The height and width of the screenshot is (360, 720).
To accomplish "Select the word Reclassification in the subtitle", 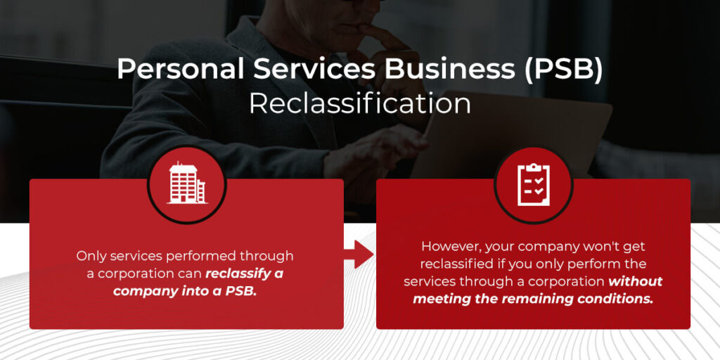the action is [x=360, y=104].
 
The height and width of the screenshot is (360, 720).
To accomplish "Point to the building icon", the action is [x=187, y=184].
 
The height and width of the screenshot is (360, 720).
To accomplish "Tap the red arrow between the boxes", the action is [x=359, y=254].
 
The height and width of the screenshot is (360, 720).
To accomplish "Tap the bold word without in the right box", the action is [x=635, y=281].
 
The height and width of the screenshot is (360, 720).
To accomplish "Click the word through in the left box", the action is [x=266, y=256].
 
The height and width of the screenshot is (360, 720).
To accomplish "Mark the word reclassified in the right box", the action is [x=454, y=264].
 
